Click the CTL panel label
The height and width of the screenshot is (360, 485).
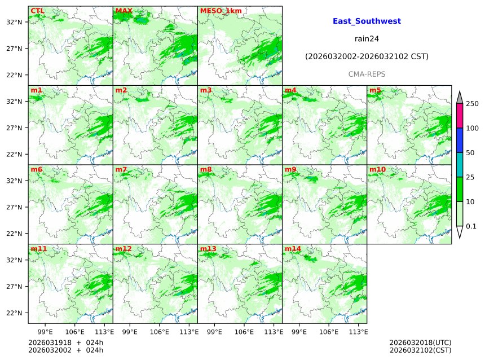coord(37,11)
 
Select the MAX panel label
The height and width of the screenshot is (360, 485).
coord(124,11)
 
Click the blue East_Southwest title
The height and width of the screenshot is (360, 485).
coord(367,21)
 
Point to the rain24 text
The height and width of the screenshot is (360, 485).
coord(367,39)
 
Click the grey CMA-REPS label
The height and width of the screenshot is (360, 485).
coord(367,74)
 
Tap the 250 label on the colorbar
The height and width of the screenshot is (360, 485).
coord(472,104)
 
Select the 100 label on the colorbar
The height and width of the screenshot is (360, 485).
coord(472,128)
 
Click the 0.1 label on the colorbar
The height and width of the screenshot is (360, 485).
coord(471,226)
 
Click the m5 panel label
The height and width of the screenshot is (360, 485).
coord(375,90)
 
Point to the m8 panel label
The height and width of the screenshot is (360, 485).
coord(206,169)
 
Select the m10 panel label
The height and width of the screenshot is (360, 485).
coord(377,169)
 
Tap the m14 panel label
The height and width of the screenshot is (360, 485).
coord(293,249)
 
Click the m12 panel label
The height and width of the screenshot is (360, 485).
coord(124,249)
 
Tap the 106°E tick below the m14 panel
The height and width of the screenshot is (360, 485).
coord(329,332)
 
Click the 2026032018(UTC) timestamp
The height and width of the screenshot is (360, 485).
coord(420,343)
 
